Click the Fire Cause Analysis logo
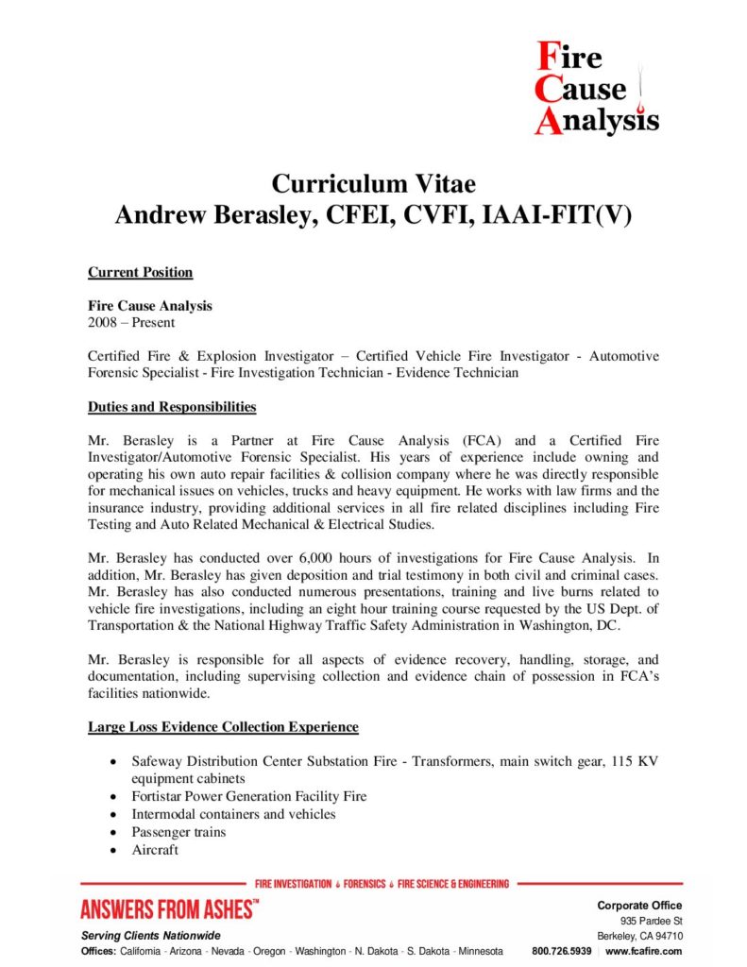[595, 90]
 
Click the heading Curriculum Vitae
[373, 182]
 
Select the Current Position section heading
[140, 272]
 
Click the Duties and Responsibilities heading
[172, 407]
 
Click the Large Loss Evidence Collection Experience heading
[223, 726]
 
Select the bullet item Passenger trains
[178, 832]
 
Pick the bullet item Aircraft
[155, 850]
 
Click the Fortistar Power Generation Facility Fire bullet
[249, 796]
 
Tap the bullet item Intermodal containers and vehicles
[233, 814]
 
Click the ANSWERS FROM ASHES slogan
[169, 910]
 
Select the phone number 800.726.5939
[562, 951]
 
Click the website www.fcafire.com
[644, 951]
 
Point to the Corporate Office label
[639, 906]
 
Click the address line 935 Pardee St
[651, 921]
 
